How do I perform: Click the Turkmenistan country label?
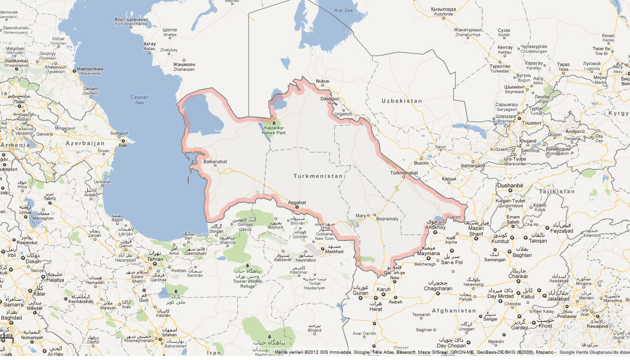coord(318,176)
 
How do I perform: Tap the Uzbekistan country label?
coord(402,101)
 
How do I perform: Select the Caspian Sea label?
coord(139,99)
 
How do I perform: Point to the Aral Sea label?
coord(343,10)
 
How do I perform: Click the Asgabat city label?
coord(297,202)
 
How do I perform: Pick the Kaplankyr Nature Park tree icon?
coord(274,122)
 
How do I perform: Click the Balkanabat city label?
coord(215,161)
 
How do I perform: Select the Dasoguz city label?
coord(329,98)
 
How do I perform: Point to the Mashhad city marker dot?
coord(323,247)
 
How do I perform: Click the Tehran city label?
coord(155,259)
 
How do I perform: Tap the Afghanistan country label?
coord(454,310)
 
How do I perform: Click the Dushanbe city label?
coord(510,185)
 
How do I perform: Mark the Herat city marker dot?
coord(375,297)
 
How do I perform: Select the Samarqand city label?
coord(472,166)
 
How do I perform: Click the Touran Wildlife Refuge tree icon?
coord(247,266)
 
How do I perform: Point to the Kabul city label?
coord(527,297)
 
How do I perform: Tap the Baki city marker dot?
coord(122,141)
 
